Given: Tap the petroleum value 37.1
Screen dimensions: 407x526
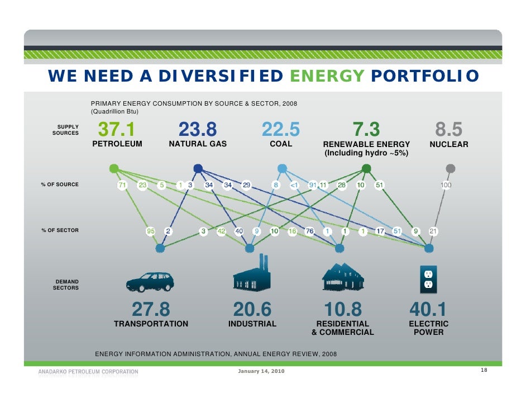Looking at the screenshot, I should click(x=117, y=130).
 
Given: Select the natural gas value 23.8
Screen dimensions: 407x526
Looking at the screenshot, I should click(x=198, y=130).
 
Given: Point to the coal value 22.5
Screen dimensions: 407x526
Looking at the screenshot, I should click(x=281, y=130).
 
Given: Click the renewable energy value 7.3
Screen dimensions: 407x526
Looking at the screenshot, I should click(x=366, y=130).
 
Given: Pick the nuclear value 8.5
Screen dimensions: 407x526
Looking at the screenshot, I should click(x=448, y=130).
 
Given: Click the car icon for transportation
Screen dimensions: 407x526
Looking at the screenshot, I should click(x=150, y=281).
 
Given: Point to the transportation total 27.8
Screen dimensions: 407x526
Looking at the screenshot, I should click(x=151, y=309).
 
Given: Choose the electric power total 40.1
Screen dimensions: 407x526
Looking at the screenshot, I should click(x=428, y=309).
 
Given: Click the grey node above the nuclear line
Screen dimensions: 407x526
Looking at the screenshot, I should click(x=450, y=168).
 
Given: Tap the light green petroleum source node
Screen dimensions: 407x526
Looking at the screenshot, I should click(x=114, y=168).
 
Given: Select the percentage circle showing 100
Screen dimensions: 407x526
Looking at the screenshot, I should click(x=446, y=185).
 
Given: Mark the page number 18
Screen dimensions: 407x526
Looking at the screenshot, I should click(x=484, y=371).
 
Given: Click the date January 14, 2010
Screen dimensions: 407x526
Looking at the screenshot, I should click(x=261, y=372).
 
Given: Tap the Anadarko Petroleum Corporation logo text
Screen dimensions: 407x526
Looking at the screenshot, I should click(x=88, y=372).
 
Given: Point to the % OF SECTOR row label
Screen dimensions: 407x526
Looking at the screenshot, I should click(x=60, y=230).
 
